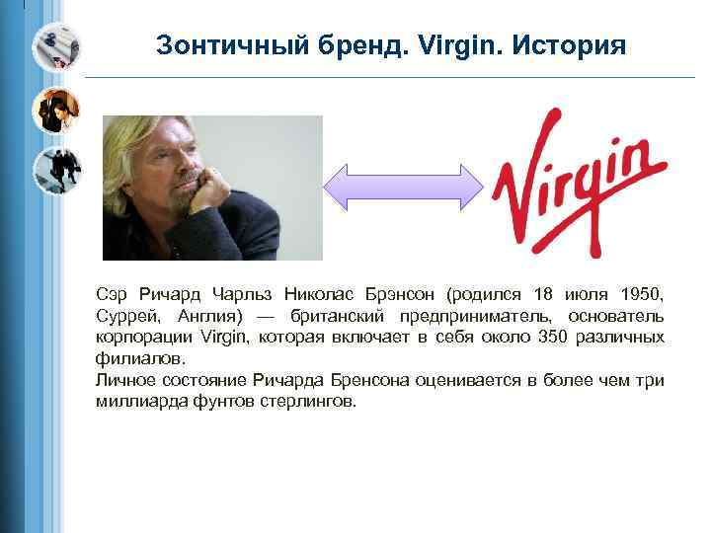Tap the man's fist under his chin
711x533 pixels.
[212, 187]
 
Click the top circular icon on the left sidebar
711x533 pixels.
[55, 46]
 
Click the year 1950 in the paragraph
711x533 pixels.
[642, 294]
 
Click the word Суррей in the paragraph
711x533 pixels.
[125, 316]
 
